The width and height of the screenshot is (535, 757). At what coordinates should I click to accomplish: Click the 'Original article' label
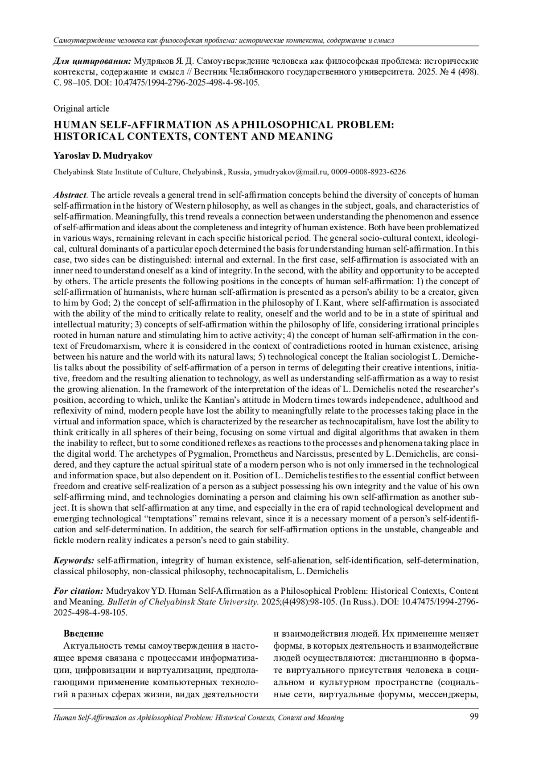click(x=81, y=108)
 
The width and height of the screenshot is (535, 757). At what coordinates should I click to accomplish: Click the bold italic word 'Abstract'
click(x=70, y=195)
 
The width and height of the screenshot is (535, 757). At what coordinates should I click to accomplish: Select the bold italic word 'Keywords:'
click(x=74, y=560)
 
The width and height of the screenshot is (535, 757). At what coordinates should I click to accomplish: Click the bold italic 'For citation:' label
click(x=78, y=591)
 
